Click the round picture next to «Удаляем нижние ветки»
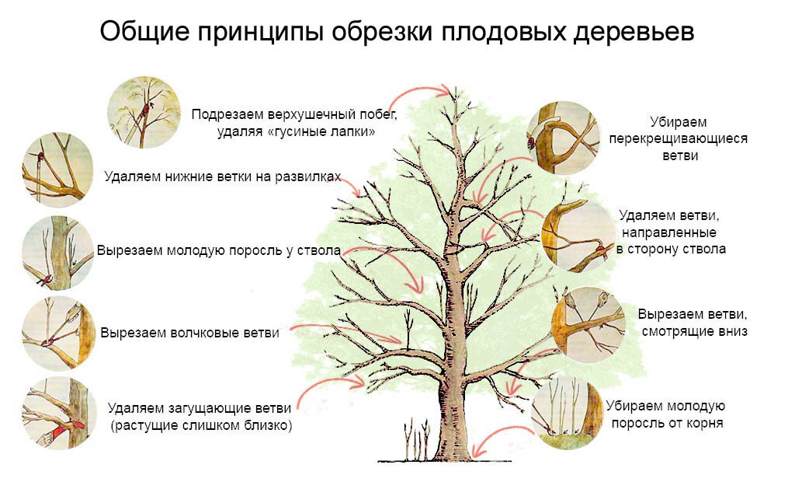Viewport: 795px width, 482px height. click(52, 169)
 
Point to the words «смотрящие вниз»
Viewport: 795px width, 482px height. click(694, 332)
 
